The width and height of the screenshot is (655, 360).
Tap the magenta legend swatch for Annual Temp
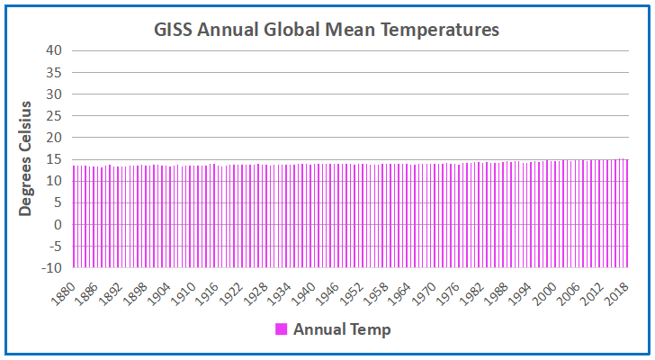pos(281,329)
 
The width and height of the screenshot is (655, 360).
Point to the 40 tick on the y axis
pos(53,50)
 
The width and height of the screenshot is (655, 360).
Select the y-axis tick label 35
pos(53,72)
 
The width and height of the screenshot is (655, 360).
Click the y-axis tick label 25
pos(53,115)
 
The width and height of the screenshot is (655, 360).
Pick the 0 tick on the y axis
pos(57,224)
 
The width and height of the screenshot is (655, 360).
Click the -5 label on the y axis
pos(53,246)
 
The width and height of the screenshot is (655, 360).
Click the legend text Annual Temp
pos(342,329)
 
